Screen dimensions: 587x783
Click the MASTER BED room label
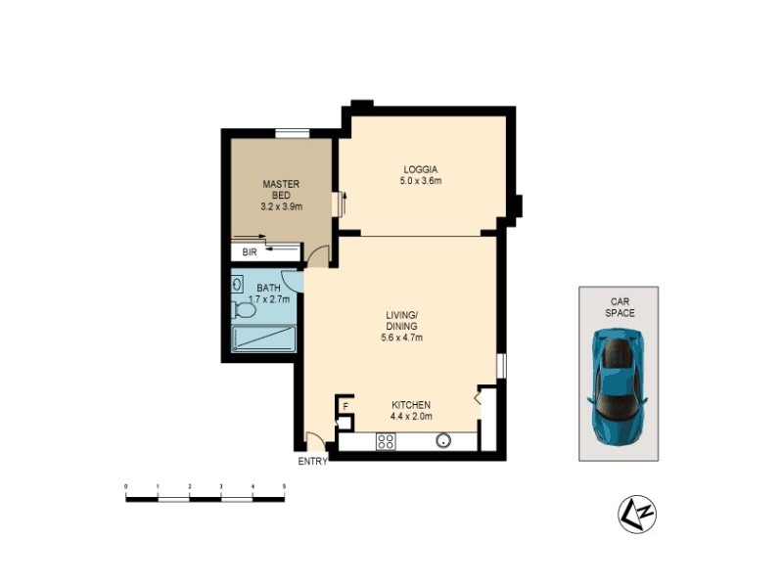[281, 189]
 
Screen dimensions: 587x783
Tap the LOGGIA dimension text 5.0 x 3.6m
[421, 180]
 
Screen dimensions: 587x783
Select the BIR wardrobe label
[250, 251]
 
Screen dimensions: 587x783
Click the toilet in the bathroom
[245, 310]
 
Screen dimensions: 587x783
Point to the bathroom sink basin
[238, 284]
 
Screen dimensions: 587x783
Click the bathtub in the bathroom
[264, 339]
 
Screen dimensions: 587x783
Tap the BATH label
[268, 288]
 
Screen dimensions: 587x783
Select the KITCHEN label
[411, 405]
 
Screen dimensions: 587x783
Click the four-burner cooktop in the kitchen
[386, 441]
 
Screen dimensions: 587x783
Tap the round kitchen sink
[443, 440]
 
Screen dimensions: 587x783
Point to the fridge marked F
[345, 405]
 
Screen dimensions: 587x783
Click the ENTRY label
[313, 462]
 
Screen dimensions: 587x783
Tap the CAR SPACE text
[619, 307]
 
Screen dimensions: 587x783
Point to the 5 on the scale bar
[284, 486]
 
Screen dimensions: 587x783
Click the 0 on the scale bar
[126, 486]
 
